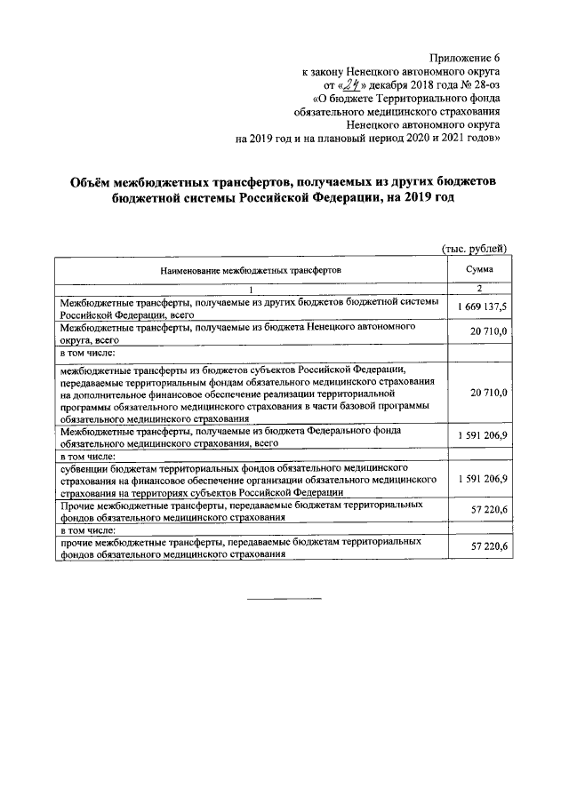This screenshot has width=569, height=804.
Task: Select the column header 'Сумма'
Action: (x=479, y=268)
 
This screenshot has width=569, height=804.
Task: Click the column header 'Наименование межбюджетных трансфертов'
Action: (x=251, y=269)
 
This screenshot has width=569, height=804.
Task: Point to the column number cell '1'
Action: (x=251, y=289)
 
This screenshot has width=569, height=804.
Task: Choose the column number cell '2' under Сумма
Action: (x=479, y=289)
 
